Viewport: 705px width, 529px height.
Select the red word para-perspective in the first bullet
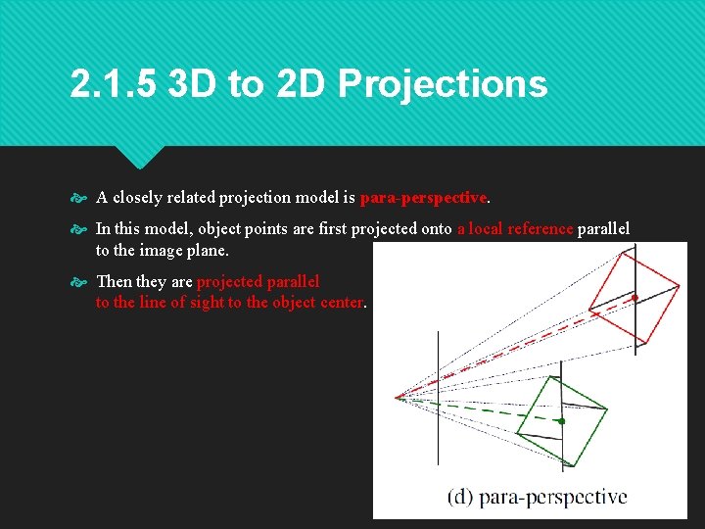tap(423, 198)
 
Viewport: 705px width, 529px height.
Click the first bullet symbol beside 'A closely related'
tap(80, 198)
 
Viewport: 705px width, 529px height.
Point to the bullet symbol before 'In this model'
tap(80, 229)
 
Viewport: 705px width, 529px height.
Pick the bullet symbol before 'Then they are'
tap(80, 282)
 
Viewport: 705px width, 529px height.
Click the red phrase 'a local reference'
tap(515, 229)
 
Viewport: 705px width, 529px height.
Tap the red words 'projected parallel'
tap(258, 282)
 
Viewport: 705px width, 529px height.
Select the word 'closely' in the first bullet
tap(139, 198)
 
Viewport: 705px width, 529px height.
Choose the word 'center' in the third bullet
tap(342, 303)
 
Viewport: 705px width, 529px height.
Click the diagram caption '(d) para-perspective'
tap(537, 497)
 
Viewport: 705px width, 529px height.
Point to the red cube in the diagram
tap(634, 294)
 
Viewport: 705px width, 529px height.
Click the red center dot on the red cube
tap(635, 297)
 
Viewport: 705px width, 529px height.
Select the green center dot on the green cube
tap(561, 421)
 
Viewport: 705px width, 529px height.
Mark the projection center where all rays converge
tap(397, 397)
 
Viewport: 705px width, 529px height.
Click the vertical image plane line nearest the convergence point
tap(438, 392)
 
